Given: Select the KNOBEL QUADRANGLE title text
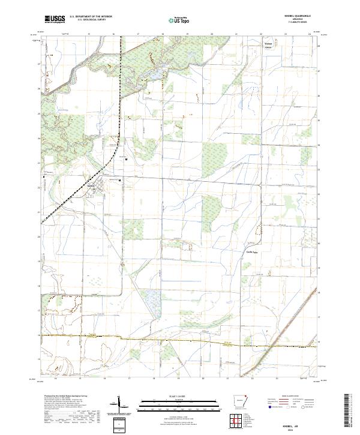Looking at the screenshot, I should [x=283, y=16].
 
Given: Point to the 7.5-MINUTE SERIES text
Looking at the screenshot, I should [x=283, y=23].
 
